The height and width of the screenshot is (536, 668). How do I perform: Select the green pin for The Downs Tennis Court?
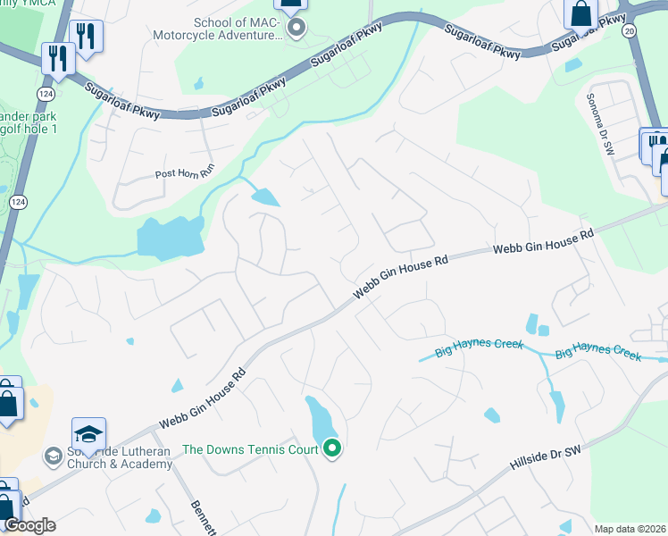pos(332,448)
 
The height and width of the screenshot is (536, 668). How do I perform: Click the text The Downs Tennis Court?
pos(249,449)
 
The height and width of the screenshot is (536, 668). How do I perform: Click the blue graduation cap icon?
pos(89,434)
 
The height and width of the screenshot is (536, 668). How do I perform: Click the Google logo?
pos(29,525)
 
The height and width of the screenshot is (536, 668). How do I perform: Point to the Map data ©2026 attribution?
pos(629,529)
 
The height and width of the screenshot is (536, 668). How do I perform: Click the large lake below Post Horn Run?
pos(169,238)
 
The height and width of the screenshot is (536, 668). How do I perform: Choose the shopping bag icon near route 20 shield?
pos(580,13)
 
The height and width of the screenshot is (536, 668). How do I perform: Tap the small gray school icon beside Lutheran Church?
pos(54,456)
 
